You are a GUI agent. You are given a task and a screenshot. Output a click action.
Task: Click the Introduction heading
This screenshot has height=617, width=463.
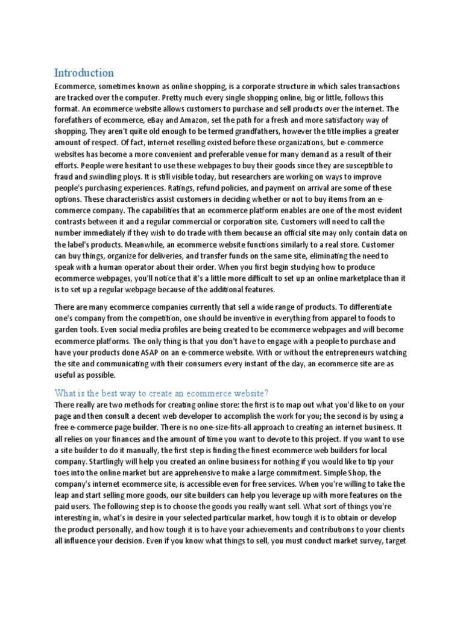(84, 73)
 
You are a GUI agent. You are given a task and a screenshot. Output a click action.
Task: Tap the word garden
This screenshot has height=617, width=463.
(66, 328)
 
